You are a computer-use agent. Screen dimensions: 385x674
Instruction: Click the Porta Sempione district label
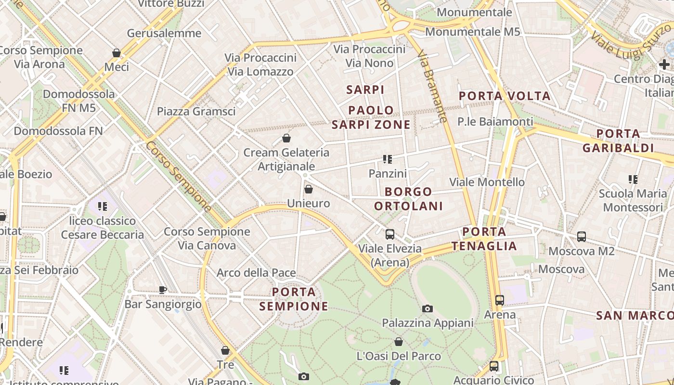(294, 299)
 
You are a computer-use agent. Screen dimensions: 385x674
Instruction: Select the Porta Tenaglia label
(484, 239)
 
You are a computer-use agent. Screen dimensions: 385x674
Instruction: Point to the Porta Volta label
(505, 96)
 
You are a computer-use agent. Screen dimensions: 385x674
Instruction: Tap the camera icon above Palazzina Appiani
(427, 308)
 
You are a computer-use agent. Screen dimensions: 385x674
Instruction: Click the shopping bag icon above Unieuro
(309, 189)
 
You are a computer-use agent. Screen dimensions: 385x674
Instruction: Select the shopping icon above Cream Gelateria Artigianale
(286, 139)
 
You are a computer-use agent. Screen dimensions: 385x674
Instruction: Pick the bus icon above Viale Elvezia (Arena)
(389, 234)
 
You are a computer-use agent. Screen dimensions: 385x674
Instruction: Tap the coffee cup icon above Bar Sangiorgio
(162, 290)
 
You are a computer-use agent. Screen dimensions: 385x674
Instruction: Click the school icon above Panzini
(388, 159)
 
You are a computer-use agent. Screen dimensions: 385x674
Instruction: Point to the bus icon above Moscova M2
(582, 237)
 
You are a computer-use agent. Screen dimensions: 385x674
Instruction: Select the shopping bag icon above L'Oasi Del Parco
(399, 342)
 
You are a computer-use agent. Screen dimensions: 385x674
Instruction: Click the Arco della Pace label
(256, 273)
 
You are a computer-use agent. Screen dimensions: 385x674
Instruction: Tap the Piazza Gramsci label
(196, 112)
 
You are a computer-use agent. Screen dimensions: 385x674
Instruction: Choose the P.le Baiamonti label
(495, 122)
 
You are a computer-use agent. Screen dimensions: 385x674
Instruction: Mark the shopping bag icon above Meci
(117, 53)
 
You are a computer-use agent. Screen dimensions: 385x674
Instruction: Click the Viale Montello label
(487, 182)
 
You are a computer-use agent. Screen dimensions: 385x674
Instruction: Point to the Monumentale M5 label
(473, 32)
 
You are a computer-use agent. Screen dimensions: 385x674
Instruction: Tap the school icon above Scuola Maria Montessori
(633, 180)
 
